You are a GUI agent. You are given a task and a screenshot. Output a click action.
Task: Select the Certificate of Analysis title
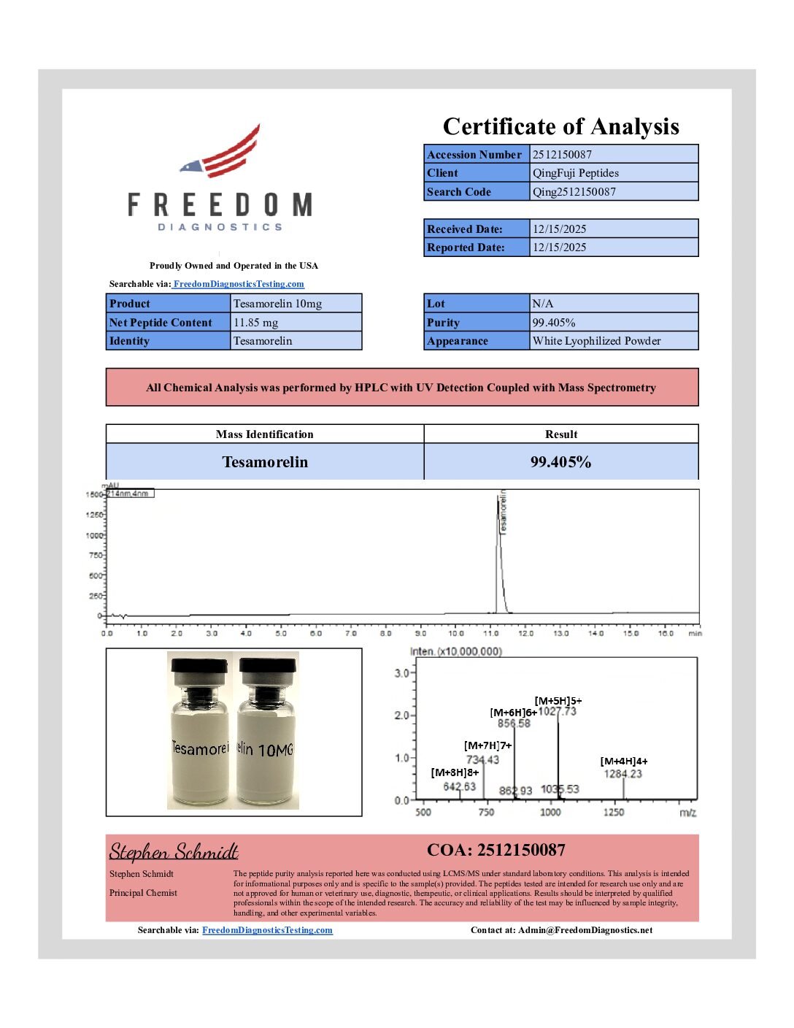tap(560, 126)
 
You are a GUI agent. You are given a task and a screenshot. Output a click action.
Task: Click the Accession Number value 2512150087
tap(562, 154)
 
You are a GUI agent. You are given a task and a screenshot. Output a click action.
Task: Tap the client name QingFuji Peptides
tap(575, 173)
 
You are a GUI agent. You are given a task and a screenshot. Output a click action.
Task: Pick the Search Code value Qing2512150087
tap(574, 192)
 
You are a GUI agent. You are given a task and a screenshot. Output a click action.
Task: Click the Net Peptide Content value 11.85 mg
tap(255, 323)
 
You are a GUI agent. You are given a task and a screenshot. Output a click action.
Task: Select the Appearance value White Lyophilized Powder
tap(596, 341)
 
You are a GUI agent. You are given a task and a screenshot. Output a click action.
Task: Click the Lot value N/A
tap(543, 304)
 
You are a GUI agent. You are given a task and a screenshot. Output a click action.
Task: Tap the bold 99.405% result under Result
tap(560, 462)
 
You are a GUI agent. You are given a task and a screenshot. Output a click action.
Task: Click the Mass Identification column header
tap(264, 434)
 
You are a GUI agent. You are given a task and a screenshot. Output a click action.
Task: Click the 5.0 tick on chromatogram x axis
tap(281, 633)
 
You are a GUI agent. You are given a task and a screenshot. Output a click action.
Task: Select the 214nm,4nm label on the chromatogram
tap(129, 494)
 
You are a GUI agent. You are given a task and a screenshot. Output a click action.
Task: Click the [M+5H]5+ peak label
tap(558, 701)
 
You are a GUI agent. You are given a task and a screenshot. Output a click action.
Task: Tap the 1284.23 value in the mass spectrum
tap(623, 774)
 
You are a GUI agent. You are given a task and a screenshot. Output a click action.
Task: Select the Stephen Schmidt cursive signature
tap(174, 852)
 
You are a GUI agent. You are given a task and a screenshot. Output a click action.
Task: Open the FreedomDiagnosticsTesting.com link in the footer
tap(267, 930)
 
